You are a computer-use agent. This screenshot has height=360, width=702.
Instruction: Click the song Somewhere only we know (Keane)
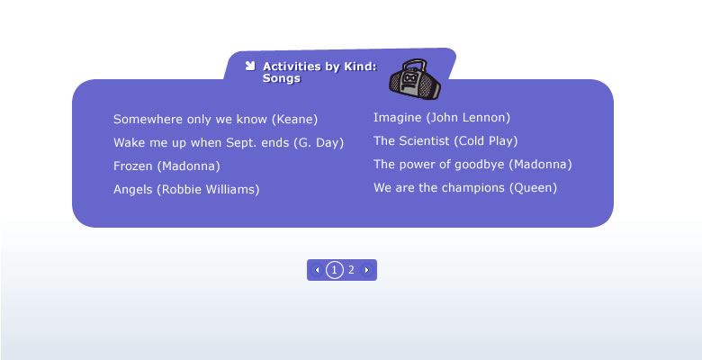pyautogui.click(x=215, y=120)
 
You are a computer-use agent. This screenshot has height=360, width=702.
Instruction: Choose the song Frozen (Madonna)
pyautogui.click(x=166, y=166)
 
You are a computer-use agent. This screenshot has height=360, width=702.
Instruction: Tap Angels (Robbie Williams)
pyautogui.click(x=186, y=189)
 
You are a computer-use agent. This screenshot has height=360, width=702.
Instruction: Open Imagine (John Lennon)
pyautogui.click(x=442, y=118)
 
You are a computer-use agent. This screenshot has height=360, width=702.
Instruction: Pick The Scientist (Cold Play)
pyautogui.click(x=445, y=141)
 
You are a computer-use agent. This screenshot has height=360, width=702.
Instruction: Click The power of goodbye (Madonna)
pyautogui.click(x=472, y=165)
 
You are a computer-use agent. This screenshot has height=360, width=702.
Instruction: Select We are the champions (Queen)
pyautogui.click(x=465, y=187)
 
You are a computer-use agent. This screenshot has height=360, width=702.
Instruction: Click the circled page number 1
pyautogui.click(x=335, y=270)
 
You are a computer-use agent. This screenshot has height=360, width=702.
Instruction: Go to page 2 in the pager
pyautogui.click(x=351, y=270)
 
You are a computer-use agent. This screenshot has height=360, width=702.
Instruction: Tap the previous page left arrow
pyautogui.click(x=318, y=270)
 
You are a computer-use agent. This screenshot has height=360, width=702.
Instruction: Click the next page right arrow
pyautogui.click(x=366, y=270)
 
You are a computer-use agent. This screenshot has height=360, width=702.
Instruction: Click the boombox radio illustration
pyautogui.click(x=415, y=79)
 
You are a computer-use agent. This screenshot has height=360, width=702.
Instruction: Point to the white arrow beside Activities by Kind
pyautogui.click(x=250, y=66)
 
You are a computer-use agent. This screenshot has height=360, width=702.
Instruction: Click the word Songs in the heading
pyautogui.click(x=281, y=78)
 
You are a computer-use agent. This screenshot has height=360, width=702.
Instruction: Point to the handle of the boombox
pyautogui.click(x=413, y=64)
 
